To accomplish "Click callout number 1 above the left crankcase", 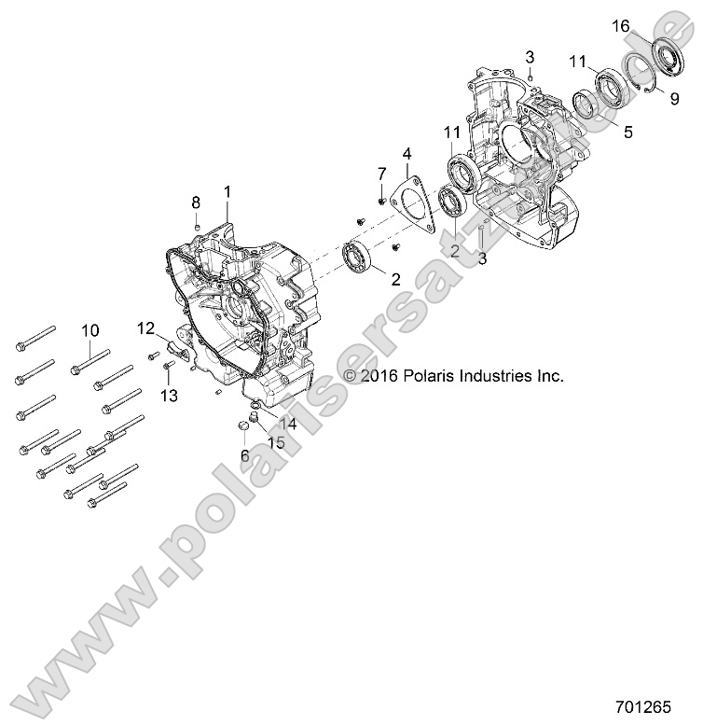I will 227,191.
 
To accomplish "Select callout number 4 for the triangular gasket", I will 407,152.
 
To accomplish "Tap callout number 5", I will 627,132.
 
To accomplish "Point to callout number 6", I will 245,455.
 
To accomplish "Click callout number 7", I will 381,174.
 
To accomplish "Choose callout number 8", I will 196,202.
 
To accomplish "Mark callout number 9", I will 674,98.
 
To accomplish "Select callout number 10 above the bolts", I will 90,330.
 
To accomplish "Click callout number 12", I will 146,328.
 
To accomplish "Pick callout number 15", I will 277,442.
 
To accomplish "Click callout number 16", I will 620,26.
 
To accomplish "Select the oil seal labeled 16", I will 668,57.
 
